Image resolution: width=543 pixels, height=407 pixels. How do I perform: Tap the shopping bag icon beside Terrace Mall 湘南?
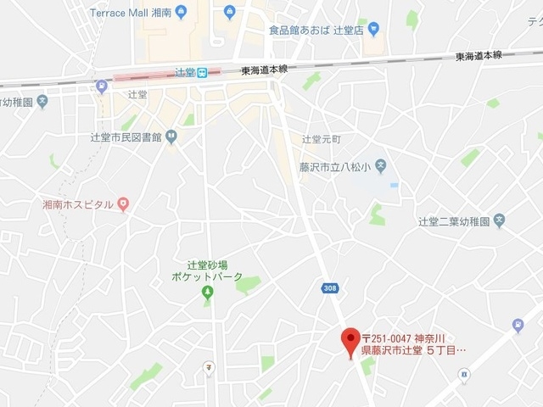230,13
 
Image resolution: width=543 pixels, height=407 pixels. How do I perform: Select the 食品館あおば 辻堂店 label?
316,31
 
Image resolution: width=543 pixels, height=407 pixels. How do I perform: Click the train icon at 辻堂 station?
201,73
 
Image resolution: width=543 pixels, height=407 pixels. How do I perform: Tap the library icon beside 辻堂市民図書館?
171,136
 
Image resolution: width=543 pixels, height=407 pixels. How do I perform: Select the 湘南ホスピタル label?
78,204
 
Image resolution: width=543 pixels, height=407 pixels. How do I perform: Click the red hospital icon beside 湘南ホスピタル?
123,203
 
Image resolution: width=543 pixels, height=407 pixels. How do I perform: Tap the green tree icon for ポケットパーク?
207,293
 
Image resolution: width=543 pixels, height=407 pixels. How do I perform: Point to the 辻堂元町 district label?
321,138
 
